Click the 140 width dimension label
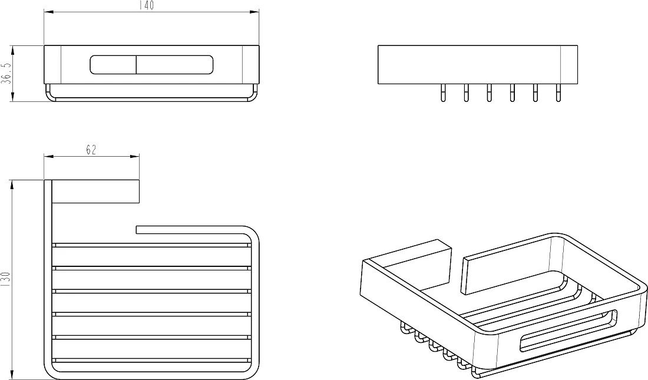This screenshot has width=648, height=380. [147, 5]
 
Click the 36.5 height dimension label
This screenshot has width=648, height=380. [5, 74]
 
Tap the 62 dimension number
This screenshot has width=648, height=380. [91, 150]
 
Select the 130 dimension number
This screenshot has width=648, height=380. [5, 279]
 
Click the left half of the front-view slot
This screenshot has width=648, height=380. [113, 65]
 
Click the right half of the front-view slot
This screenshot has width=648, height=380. [175, 65]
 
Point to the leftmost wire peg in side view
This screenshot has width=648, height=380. [443, 93]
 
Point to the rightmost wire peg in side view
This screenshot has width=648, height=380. [558, 93]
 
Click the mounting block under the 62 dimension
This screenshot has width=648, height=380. [95, 192]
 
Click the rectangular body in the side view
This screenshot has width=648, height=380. [478, 64]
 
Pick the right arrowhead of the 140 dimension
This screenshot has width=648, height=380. [254, 12]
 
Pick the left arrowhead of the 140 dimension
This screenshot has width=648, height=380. [49, 12]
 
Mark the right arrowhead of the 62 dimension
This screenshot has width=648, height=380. [135, 156]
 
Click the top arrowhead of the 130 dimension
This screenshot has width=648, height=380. [12, 185]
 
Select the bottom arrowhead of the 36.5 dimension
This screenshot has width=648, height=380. [12, 97]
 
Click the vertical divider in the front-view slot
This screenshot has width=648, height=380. [137, 65]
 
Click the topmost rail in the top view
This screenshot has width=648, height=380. [151, 245]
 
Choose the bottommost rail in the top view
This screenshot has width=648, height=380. [151, 361]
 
